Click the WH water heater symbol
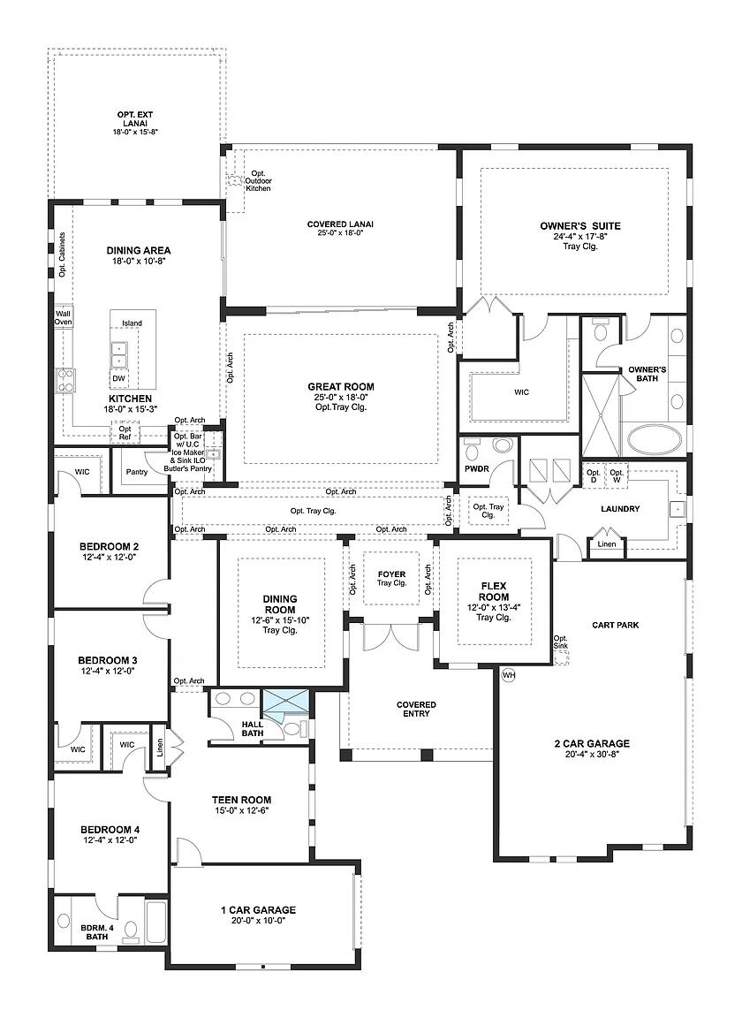click(508, 675)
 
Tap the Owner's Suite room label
click(580, 226)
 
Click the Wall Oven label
click(63, 318)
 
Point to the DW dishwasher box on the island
click(118, 378)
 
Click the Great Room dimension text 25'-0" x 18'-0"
click(340, 397)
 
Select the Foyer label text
click(390, 574)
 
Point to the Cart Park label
click(615, 625)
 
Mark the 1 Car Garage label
click(259, 909)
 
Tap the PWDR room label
click(476, 469)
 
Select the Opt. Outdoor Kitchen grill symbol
click(236, 181)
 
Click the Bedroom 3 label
click(108, 659)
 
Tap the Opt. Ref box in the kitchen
click(125, 432)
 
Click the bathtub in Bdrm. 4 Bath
click(155, 923)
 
